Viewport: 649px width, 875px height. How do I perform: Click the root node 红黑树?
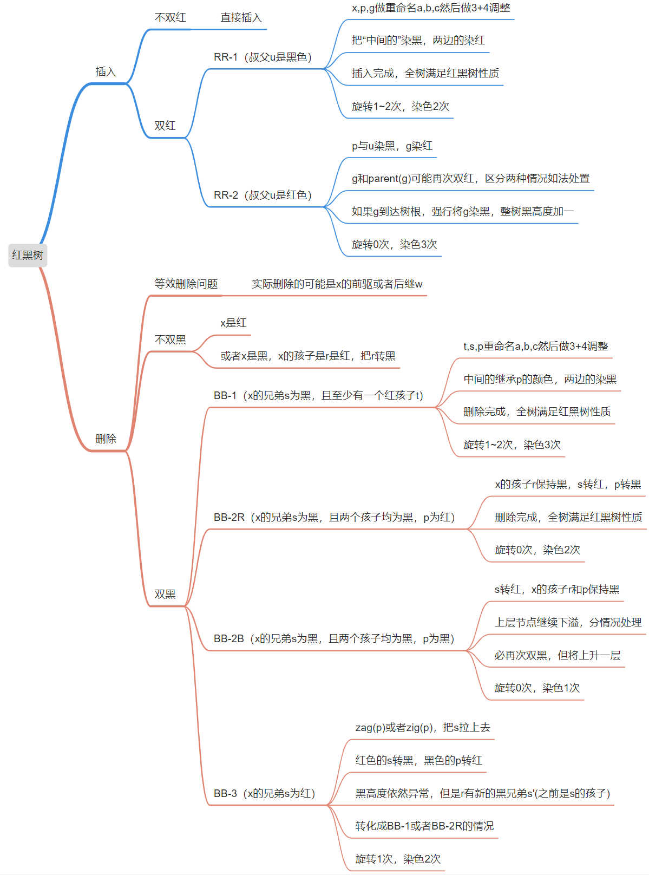28,255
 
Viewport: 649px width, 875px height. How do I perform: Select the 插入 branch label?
106,71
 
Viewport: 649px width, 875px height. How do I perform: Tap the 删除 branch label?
106,439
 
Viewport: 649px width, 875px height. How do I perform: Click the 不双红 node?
170,17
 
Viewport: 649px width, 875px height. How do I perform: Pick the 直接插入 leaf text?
241,17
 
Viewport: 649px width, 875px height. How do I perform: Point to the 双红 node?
165,126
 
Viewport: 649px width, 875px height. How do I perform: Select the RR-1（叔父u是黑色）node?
263,57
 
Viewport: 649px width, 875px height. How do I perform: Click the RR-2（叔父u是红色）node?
263,195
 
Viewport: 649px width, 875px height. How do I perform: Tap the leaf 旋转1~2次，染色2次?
401,106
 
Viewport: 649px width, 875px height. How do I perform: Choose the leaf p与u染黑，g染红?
392,146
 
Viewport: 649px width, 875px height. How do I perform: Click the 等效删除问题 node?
186,284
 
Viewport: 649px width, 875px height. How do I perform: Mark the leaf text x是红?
233,323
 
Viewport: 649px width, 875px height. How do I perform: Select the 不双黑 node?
170,339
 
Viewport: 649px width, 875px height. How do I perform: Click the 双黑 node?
165,594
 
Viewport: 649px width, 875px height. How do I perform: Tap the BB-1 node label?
318,395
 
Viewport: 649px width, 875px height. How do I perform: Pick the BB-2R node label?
334,517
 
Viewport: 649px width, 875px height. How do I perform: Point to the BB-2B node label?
333,638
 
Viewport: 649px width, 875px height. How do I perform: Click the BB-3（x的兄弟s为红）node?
265,793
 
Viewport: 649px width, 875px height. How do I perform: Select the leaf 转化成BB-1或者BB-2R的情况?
424,826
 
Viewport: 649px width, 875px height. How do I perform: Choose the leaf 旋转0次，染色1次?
537,688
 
